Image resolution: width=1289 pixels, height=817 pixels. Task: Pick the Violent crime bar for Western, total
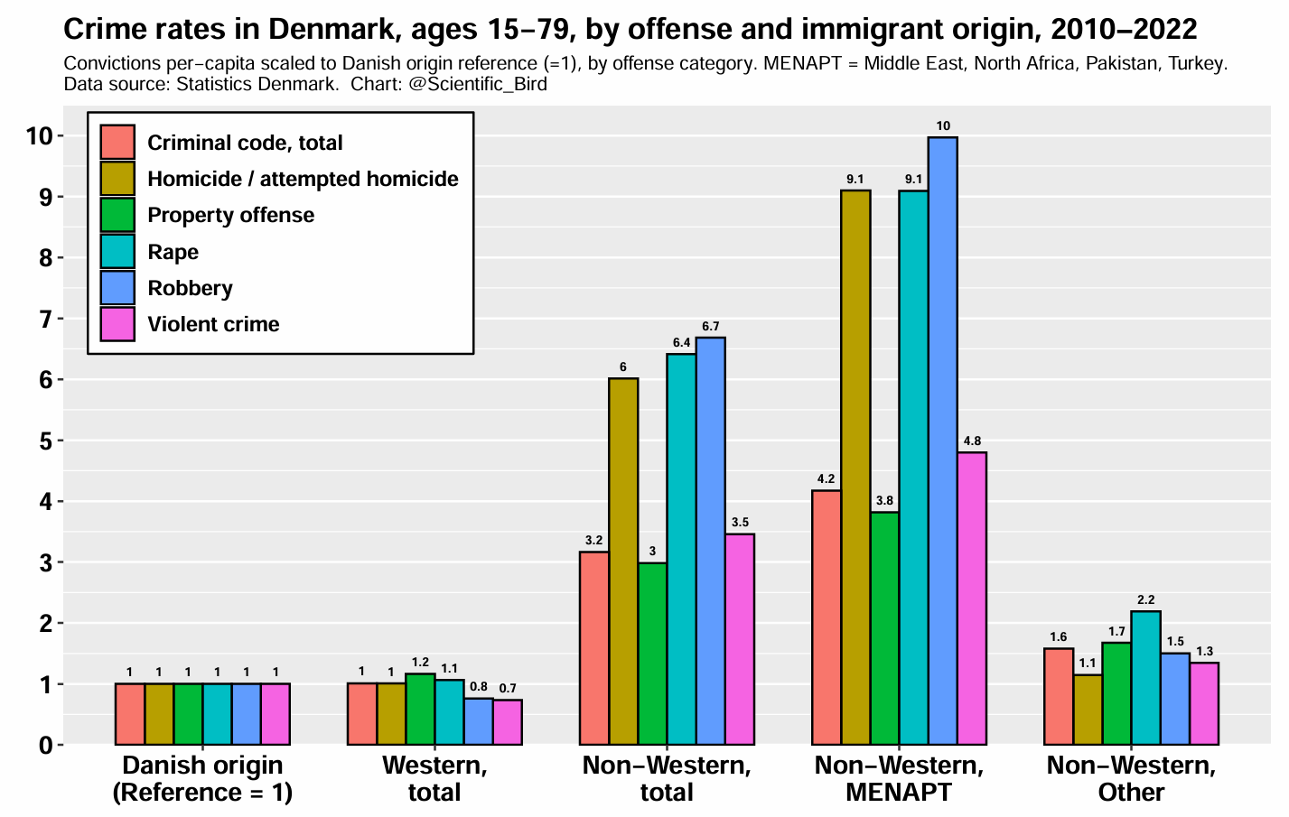click(508, 722)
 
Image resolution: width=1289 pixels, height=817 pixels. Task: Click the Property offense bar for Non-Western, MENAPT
click(885, 628)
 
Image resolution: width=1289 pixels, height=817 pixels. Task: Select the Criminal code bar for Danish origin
click(130, 714)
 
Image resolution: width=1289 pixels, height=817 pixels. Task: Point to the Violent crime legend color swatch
click(117, 325)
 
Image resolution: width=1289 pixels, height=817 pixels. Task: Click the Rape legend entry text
click(173, 252)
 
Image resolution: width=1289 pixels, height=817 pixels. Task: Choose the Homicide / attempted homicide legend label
click(303, 179)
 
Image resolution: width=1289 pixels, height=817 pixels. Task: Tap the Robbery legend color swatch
click(117, 288)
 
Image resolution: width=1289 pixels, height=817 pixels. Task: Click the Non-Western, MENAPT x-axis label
click(899, 779)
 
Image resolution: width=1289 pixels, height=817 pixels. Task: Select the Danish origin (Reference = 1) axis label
click(202, 779)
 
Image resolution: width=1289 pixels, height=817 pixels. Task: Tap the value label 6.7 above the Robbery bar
click(710, 326)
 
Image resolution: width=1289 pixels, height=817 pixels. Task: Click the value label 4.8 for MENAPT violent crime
click(972, 441)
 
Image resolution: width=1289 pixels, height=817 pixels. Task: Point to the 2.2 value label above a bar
click(1145, 599)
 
